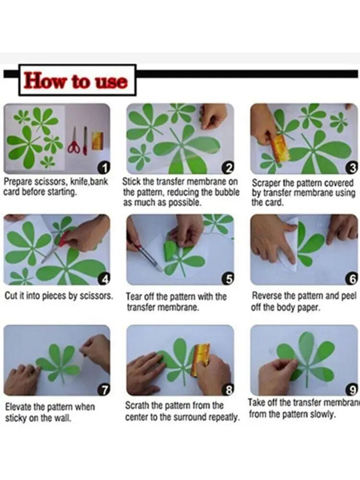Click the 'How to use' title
coord(76,81)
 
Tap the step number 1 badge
coord(105,168)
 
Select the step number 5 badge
coord(229,278)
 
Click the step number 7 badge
coord(105,390)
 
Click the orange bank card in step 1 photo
coord(98,140)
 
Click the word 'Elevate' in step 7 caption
coord(18,407)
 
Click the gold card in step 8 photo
coord(201,359)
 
